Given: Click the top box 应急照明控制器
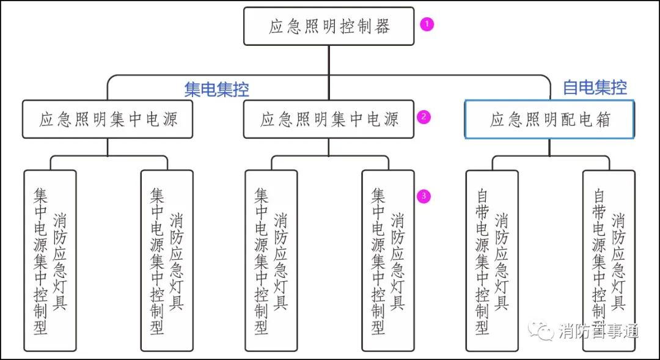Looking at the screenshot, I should (329, 26).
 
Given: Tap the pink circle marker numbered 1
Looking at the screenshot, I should (427, 24).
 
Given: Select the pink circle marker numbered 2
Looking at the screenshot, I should (424, 117).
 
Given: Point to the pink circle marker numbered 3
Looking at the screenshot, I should (424, 196).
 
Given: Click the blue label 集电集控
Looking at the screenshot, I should (216, 89).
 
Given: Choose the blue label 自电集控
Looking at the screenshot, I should (595, 87).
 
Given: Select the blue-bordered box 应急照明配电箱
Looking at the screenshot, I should (549, 119).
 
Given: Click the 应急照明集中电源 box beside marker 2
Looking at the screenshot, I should (329, 119).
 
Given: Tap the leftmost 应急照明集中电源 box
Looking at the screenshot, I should (108, 119).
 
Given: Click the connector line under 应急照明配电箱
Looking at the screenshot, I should (549, 148).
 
